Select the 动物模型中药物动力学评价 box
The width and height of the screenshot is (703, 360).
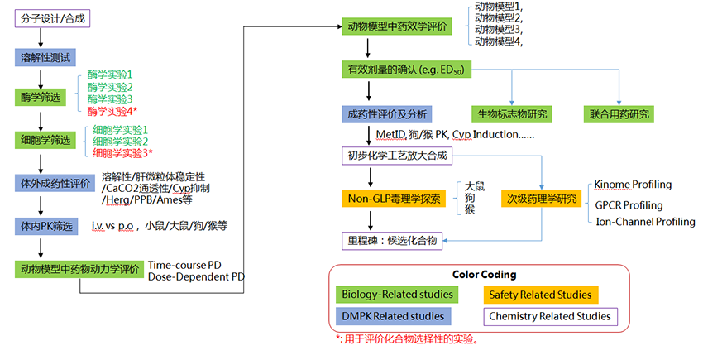[79, 268]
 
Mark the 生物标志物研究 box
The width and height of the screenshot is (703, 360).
[513, 113]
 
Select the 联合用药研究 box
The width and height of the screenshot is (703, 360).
[620, 113]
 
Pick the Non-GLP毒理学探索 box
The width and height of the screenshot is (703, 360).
[394, 199]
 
